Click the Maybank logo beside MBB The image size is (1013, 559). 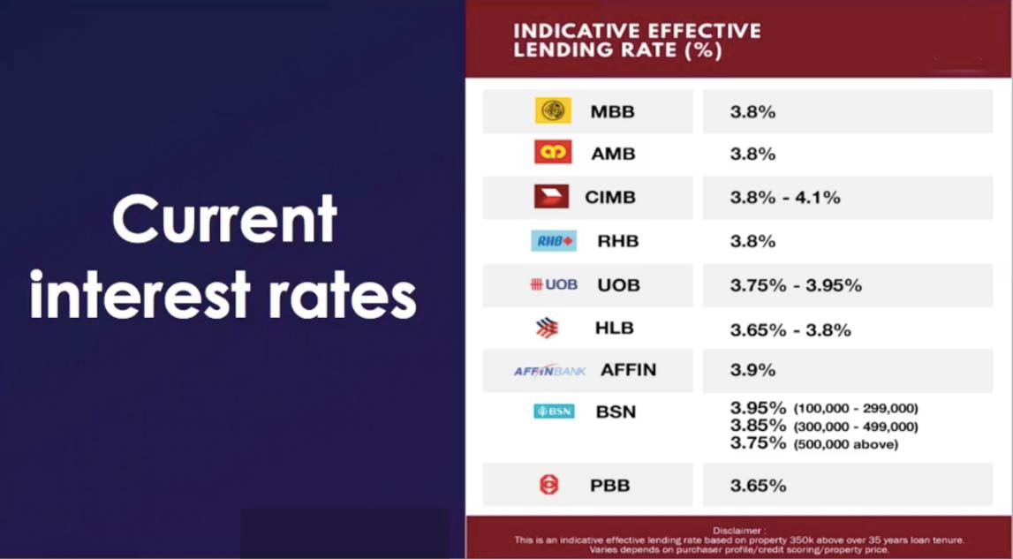[x=553, y=110]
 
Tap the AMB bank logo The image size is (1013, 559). [x=553, y=153]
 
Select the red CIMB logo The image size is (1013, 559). [x=551, y=197]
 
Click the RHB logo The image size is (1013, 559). [x=554, y=240]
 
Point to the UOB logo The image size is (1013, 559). [x=554, y=284]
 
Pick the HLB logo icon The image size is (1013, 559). [x=548, y=329]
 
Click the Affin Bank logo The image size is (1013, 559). [x=549, y=371]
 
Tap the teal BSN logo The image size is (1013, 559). [x=554, y=411]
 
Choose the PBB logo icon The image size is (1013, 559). [x=549, y=485]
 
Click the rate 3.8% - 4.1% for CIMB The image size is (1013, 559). [x=784, y=198]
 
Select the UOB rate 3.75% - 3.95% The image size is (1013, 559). [x=795, y=285]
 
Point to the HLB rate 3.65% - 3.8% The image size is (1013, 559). [x=790, y=330]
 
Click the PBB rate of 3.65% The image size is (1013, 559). [x=758, y=486]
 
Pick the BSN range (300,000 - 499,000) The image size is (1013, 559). [x=855, y=427]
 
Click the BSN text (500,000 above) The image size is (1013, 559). [x=845, y=445]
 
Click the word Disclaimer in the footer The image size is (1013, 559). [x=738, y=530]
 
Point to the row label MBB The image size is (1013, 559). [x=612, y=112]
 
